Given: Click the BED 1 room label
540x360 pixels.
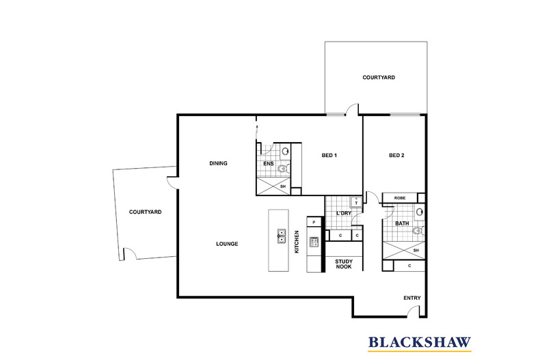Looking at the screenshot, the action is [x=329, y=155].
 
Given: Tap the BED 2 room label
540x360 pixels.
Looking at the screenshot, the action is [x=396, y=155].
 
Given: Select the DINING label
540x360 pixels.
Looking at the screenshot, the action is [x=218, y=163].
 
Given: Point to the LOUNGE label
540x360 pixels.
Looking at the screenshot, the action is [x=227, y=244].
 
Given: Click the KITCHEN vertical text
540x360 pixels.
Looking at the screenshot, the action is [x=297, y=242].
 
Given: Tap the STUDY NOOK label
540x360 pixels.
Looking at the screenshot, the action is [x=344, y=264].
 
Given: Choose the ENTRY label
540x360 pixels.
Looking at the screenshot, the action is [x=412, y=298].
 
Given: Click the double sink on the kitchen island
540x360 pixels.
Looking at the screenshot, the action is [x=282, y=236].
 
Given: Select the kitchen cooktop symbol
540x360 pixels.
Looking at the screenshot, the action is [x=314, y=242].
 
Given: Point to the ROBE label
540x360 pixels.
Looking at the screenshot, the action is [x=400, y=198].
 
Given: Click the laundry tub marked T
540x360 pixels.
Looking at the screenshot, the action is [x=355, y=202].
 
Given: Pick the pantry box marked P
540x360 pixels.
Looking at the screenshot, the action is [x=314, y=222].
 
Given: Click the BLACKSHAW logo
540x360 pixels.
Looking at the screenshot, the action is [x=420, y=343].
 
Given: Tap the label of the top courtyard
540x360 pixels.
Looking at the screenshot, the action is [x=379, y=77].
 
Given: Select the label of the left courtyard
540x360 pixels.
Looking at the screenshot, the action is [x=146, y=212].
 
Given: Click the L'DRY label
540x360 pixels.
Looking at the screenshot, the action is [x=344, y=213].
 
